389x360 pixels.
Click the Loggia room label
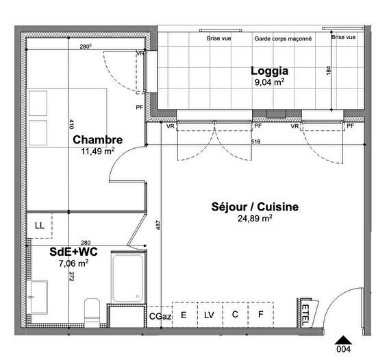coord(269,70)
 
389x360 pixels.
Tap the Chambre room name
coord(98,139)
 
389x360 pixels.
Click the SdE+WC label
coord(71,252)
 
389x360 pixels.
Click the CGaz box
coord(160,315)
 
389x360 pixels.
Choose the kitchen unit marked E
coord(184,315)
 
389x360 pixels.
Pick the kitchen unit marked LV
coord(209,315)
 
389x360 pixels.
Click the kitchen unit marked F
coord(260,315)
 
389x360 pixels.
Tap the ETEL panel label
coord(305,314)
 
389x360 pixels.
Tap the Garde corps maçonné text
coord(283,39)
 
